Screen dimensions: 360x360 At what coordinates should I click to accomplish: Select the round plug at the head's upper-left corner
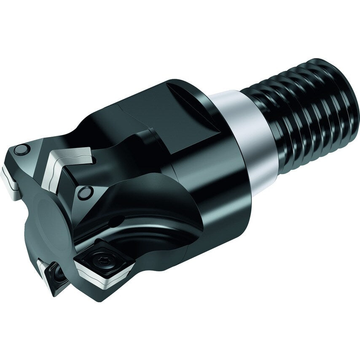(21, 149)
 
